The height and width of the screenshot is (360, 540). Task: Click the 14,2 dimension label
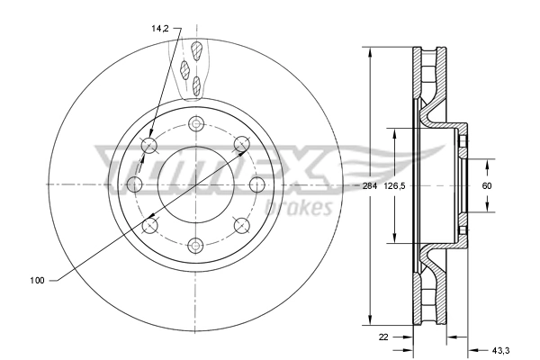click(160, 29)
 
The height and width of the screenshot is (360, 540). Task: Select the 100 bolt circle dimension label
click(37, 281)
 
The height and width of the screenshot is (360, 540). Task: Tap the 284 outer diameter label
click(369, 186)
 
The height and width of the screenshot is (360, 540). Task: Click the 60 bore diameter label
click(487, 186)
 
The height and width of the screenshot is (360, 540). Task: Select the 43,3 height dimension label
click(500, 349)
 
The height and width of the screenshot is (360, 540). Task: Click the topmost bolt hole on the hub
click(195, 124)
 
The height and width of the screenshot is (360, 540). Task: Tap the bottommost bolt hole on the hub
click(195, 244)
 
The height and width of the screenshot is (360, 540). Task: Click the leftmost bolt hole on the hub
click(135, 184)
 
